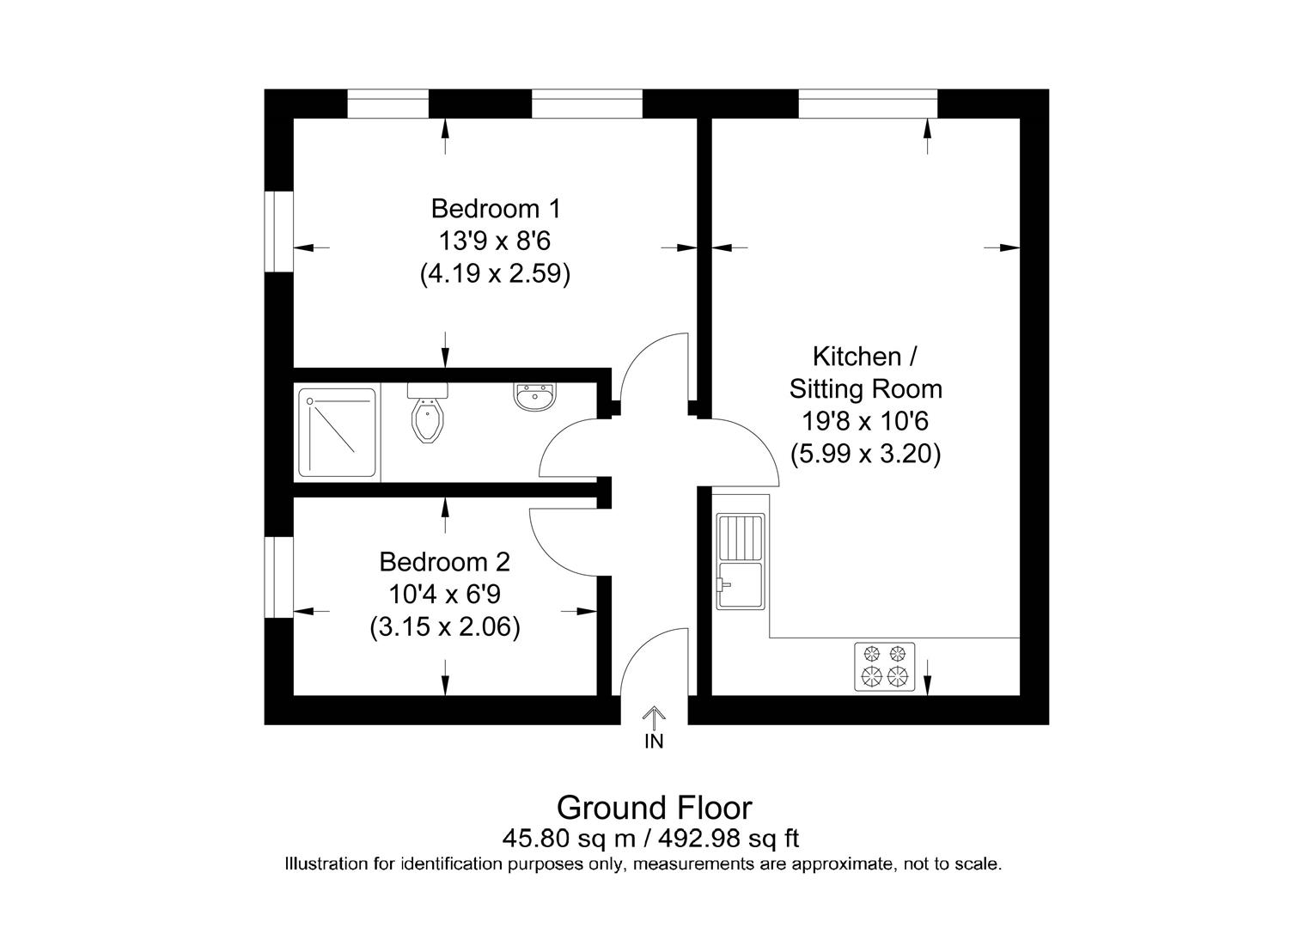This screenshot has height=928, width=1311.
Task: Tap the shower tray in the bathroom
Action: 337,432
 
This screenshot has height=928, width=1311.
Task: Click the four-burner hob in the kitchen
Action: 884,666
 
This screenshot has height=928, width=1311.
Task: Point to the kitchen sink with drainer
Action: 741,561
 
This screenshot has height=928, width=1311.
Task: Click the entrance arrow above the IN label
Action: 654,717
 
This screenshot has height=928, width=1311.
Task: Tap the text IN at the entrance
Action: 654,742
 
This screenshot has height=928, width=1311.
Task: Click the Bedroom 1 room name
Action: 496,209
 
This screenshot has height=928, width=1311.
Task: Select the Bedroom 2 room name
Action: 444,562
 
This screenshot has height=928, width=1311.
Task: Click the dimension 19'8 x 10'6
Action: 865,422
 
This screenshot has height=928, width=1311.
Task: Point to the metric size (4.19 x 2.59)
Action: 496,274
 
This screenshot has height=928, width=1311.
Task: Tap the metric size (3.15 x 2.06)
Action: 444,628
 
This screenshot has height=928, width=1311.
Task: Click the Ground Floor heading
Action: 654,808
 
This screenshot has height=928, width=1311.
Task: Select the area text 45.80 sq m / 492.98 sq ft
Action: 654,837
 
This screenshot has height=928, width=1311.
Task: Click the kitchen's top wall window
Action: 868,104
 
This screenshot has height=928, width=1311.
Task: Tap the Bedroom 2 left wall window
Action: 278,577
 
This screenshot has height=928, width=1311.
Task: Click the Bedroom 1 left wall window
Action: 278,231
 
